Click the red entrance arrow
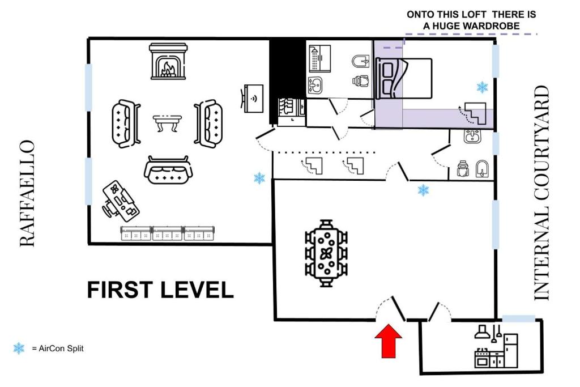(x=389, y=341)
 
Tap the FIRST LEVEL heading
(x=160, y=290)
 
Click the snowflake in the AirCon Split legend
(x=19, y=348)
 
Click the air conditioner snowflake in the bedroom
(x=482, y=87)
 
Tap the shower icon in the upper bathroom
(x=315, y=59)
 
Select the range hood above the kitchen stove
(x=482, y=331)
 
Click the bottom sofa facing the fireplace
(x=168, y=171)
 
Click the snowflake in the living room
(x=259, y=178)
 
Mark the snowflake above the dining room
(x=423, y=190)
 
